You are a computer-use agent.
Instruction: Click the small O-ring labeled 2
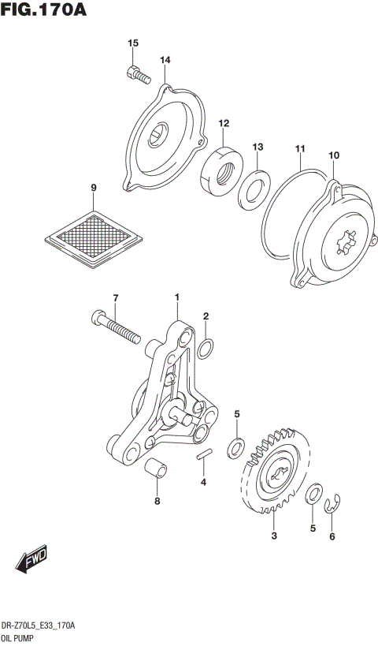(x=205, y=346)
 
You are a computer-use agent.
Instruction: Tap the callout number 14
(x=165, y=60)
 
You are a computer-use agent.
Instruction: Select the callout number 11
(x=300, y=149)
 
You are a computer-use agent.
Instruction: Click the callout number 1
(x=177, y=297)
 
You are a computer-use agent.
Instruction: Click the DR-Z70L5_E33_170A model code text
(x=39, y=625)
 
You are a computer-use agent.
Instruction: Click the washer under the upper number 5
(x=235, y=449)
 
